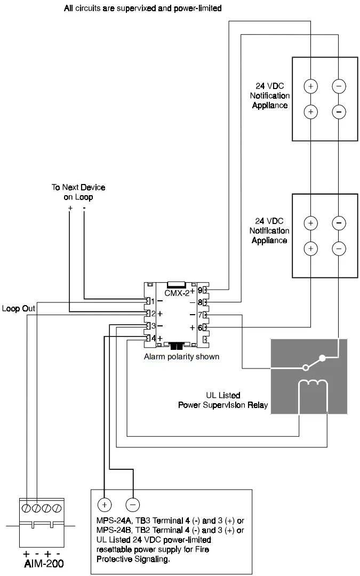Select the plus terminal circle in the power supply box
pyautogui.click(x=104, y=504)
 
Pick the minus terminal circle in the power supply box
pyautogui.click(x=132, y=504)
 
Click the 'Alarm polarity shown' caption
pyautogui.click(x=181, y=356)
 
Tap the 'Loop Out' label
pyautogui.click(x=18, y=308)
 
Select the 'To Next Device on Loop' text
pyautogui.click(x=78, y=192)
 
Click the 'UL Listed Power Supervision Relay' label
pyautogui.click(x=223, y=401)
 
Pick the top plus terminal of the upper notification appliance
pyautogui.click(x=311, y=86)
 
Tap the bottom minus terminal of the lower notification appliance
pyautogui.click(x=339, y=247)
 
